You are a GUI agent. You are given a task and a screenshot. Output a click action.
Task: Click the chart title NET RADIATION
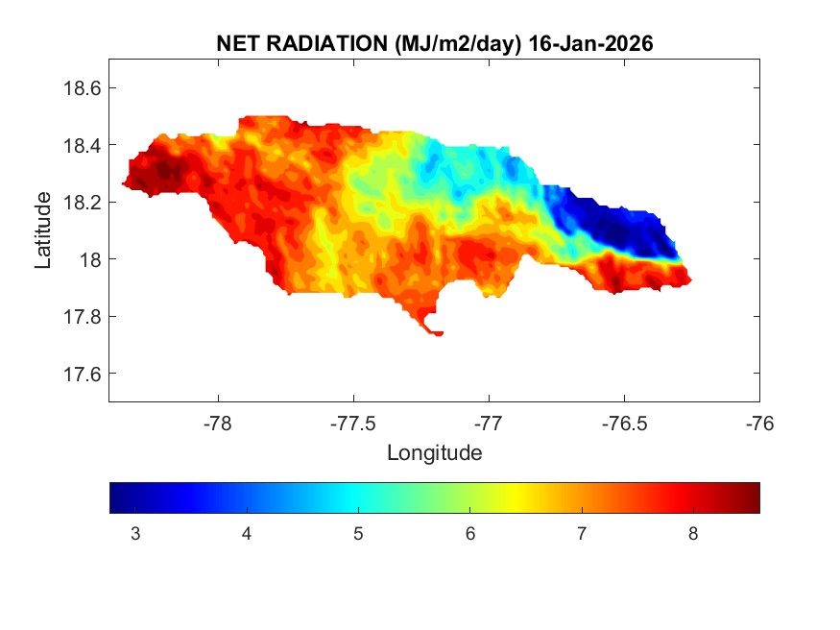tap(300, 44)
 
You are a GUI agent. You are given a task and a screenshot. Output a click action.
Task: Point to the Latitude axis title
tap(43, 230)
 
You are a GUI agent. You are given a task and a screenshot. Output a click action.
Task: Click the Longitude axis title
tap(434, 452)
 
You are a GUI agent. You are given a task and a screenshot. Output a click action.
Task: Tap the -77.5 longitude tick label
tap(353, 422)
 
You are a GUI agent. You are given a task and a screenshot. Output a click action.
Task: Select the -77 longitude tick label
tap(489, 422)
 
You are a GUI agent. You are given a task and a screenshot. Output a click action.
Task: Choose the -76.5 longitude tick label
tap(624, 422)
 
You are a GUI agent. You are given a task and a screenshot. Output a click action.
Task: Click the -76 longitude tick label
tap(759, 422)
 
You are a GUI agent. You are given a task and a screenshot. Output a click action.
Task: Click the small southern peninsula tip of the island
tap(436, 333)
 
